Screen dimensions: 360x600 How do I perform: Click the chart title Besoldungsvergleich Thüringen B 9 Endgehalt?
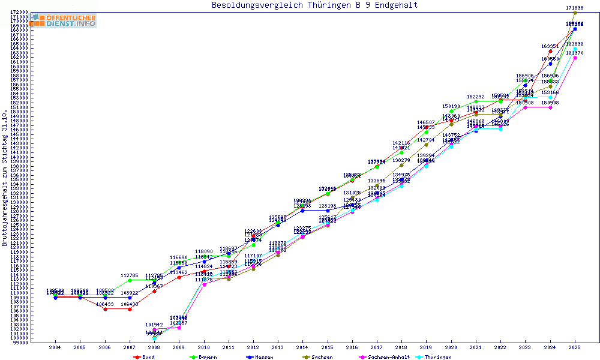314,5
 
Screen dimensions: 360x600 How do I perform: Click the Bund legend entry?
143,357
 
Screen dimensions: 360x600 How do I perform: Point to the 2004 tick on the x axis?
55,347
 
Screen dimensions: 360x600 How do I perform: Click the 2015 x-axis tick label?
327,347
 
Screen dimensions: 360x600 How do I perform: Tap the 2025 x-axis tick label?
575,347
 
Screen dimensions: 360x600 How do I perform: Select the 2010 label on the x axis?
203,347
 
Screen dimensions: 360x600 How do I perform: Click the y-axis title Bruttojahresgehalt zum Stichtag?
5,178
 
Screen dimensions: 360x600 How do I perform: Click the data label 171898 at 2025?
575,8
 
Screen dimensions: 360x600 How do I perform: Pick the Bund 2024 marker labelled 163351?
550,52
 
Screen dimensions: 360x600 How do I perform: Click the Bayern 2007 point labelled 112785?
130,280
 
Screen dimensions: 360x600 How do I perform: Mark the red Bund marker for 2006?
105,309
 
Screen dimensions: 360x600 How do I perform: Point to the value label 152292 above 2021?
476,97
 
